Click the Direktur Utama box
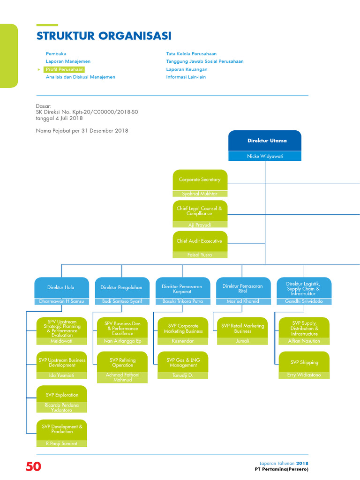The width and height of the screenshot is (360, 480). [265, 141]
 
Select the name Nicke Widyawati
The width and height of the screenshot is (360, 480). [265, 156]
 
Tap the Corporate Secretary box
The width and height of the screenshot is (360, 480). [200, 180]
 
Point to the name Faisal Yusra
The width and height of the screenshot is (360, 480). [200, 255]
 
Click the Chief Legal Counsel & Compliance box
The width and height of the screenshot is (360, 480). [200, 210]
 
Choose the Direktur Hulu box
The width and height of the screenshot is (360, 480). [61, 287]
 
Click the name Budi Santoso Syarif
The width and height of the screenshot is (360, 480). [122, 301]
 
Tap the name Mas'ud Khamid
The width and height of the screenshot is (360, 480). [242, 301]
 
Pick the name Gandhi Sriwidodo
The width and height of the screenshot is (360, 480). [304, 301]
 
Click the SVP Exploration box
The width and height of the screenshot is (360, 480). [62, 395]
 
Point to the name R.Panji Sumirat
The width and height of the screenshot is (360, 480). [62, 443]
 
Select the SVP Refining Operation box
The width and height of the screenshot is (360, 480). [122, 362]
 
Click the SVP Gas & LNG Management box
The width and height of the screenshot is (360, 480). [183, 362]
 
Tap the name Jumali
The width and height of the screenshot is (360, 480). [242, 341]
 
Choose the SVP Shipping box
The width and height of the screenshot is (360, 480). [304, 362]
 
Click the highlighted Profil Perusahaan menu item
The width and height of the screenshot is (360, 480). [64, 69]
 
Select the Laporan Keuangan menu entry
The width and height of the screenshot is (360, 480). [187, 69]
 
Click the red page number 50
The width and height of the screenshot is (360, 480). [33, 467]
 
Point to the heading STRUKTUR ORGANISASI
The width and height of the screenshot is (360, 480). [104, 36]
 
